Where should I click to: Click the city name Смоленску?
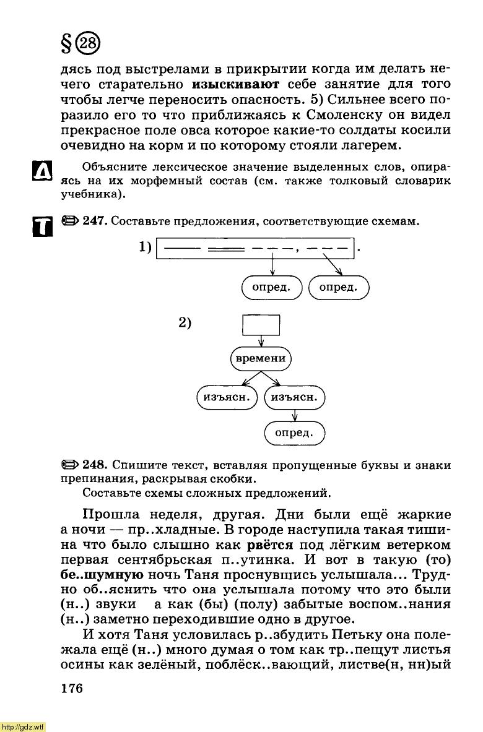point(352,114)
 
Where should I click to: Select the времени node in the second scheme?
point(261,358)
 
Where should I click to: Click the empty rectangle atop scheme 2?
point(261,325)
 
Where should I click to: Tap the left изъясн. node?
point(227,397)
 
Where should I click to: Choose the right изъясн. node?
point(294,397)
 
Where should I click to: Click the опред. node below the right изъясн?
point(294,433)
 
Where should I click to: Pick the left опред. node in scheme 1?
point(272,287)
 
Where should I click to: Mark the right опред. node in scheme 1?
point(338,287)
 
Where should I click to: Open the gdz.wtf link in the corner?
point(22,725)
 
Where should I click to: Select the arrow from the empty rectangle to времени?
point(261,340)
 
